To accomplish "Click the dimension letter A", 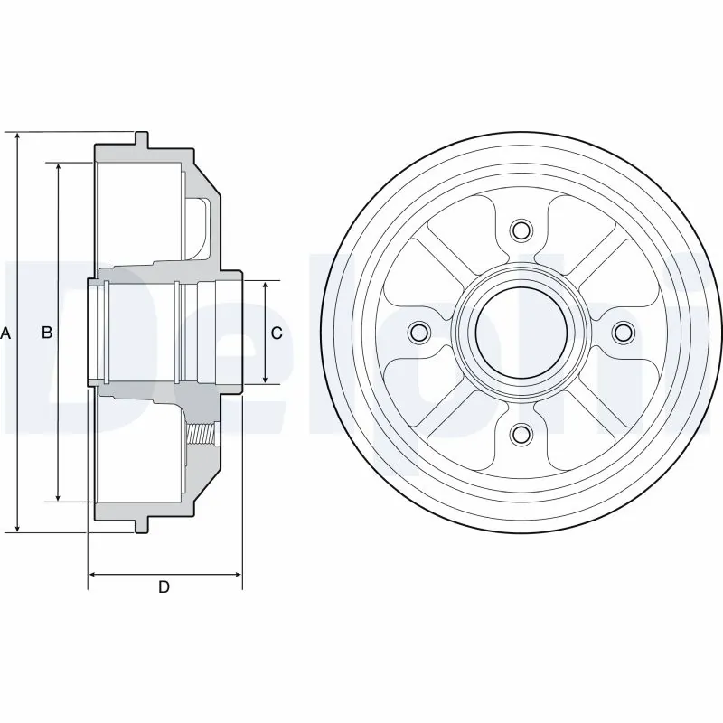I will click(x=5, y=333).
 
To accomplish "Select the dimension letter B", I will click(x=48, y=333).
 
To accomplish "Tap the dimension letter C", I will click(x=277, y=333).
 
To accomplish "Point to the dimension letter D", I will click(x=164, y=587).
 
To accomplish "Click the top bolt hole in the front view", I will click(x=520, y=230).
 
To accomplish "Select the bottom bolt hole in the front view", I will click(x=520, y=436).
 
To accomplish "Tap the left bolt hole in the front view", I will click(x=417, y=333).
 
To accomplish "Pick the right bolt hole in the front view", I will click(x=623, y=333).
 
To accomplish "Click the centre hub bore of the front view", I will click(x=520, y=333).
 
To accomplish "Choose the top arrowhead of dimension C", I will click(x=265, y=286).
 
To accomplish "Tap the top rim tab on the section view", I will click(x=141, y=139).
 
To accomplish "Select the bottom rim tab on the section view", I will click(x=141, y=525).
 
